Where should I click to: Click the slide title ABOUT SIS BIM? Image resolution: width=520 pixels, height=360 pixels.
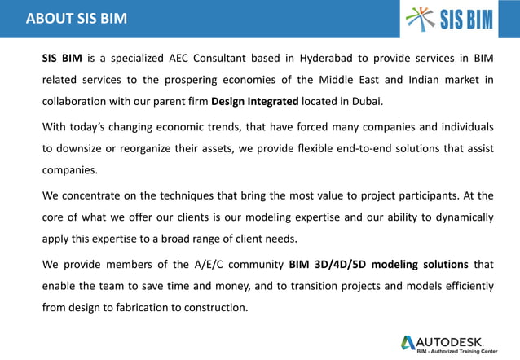point(77,18)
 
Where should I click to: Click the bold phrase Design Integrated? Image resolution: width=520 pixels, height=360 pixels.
point(255,102)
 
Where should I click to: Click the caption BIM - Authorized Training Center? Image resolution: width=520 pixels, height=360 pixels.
point(456,351)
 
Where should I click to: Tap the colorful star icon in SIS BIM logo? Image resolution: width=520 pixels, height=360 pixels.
point(421,18)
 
